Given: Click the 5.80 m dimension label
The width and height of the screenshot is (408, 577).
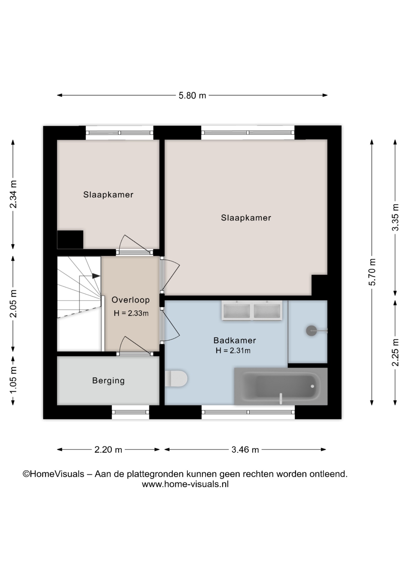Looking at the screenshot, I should [192, 96].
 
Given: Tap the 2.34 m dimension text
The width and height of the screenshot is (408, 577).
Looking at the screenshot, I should [13, 194].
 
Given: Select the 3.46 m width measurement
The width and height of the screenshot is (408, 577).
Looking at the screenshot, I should [245, 450].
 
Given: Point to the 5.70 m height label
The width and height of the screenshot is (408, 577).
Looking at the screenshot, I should [372, 272].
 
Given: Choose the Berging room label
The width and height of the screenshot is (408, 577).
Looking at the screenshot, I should [108, 381].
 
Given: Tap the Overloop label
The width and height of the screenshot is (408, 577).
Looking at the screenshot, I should [130, 300].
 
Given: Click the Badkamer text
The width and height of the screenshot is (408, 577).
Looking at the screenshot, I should [235, 340].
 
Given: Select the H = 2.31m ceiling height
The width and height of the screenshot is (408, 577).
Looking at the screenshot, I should [233, 350].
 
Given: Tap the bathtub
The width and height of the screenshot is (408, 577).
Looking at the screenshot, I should [281, 386].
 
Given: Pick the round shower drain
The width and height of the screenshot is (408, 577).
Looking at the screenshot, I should [311, 331].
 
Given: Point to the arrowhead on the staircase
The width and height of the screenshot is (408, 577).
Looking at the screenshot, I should [96, 276].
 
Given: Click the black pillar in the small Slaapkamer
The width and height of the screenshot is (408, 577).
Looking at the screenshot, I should [70, 240].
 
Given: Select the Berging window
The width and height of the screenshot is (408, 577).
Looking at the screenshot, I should [130, 412].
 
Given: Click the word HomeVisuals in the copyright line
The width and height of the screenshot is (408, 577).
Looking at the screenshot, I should [57, 474].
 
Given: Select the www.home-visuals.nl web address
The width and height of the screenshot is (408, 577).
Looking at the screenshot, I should [185, 484].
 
